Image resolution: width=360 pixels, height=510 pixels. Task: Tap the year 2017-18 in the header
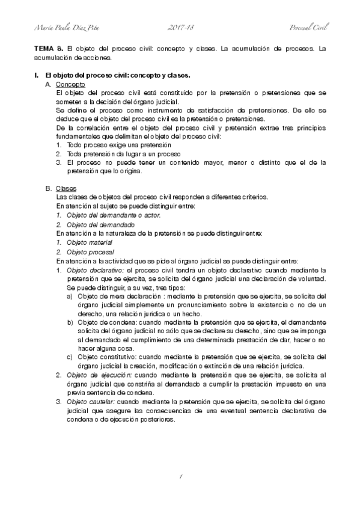tap(180, 28)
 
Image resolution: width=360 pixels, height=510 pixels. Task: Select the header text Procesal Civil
tap(308, 28)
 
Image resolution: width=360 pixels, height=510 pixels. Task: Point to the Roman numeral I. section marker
tap(36, 76)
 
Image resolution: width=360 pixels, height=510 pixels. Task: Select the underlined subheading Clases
tap(64, 188)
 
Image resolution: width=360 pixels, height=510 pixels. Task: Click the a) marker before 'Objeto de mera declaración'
tap(70, 296)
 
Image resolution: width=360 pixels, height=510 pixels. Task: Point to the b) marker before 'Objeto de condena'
tap(70, 322)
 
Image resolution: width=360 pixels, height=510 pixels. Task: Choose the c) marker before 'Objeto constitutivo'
tap(70, 357)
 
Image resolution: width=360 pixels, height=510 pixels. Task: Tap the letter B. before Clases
tap(48, 188)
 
